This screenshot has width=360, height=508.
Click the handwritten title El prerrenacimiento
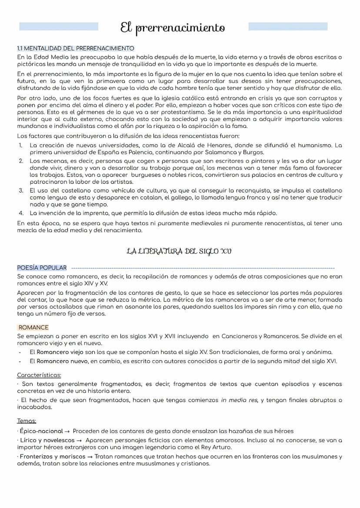[x=173, y=29]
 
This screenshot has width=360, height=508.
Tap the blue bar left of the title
[x=59, y=27]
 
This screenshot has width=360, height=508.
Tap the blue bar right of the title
[x=287, y=27]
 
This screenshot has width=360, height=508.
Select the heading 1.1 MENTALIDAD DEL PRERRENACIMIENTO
[x=75, y=48]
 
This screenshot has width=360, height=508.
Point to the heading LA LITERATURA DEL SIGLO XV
[x=179, y=251]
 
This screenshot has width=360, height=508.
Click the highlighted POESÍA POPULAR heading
[x=42, y=268]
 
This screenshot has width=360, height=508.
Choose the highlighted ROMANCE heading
[x=33, y=327]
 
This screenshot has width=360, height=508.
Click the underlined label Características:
[x=39, y=375]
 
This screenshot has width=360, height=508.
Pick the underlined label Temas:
[x=27, y=421]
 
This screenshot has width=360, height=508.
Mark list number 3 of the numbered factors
[x=20, y=191]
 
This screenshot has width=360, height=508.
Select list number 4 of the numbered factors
[x=20, y=213]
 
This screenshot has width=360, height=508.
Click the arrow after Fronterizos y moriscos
[x=89, y=457]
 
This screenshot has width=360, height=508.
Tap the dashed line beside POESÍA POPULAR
[x=202, y=268]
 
